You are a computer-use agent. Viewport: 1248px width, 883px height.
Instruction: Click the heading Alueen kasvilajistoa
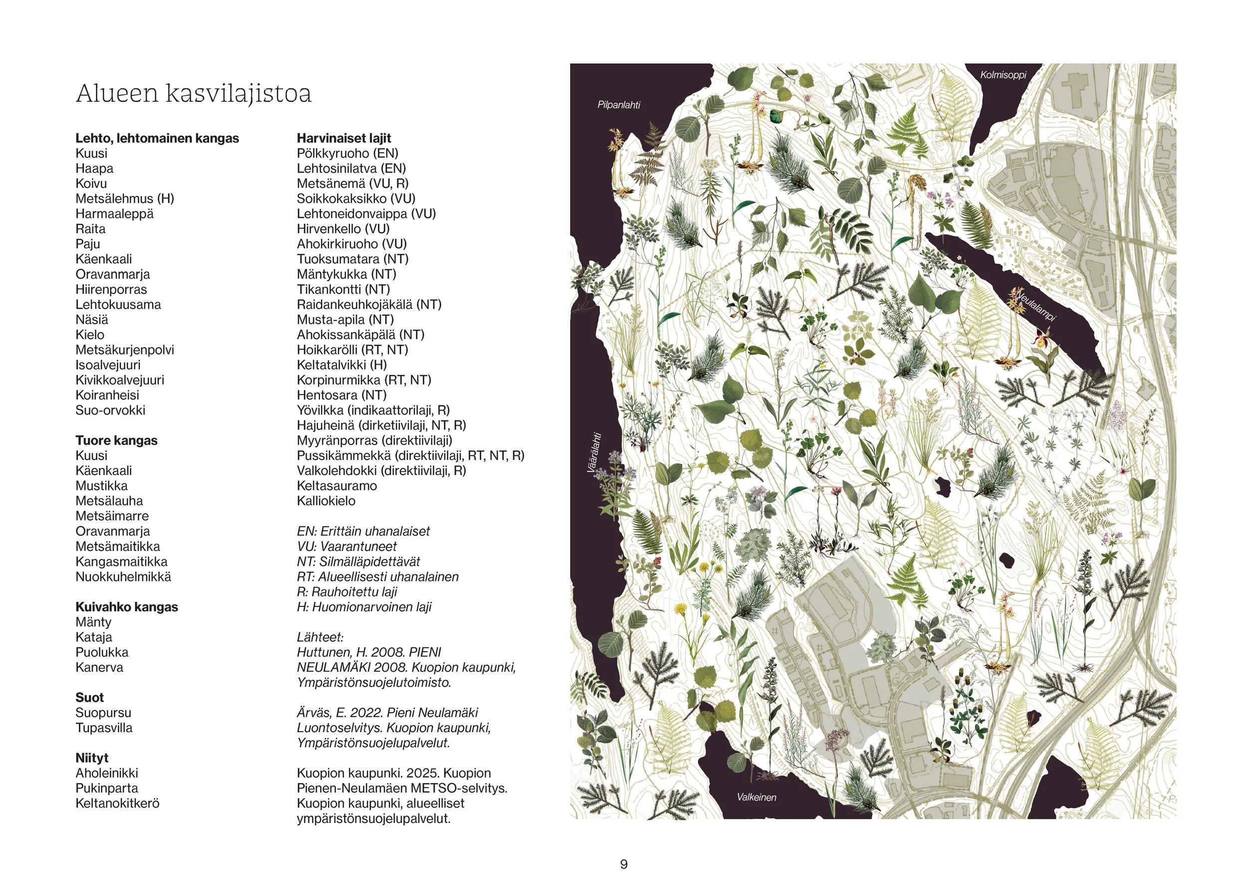194,93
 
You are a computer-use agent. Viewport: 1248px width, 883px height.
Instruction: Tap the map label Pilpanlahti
619,105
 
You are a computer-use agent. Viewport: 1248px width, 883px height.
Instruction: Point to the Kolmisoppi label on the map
1003,75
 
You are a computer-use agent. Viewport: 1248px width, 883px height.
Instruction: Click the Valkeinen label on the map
756,797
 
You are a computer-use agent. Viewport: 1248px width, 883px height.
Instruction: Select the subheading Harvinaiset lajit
343,138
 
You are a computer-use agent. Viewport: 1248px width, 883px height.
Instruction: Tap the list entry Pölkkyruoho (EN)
347,153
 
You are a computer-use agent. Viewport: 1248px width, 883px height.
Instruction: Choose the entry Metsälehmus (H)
124,198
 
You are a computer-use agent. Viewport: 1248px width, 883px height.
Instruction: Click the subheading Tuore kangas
116,441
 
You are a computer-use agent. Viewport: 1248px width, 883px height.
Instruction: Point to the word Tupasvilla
104,728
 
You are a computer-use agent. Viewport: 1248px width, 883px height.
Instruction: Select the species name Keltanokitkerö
117,803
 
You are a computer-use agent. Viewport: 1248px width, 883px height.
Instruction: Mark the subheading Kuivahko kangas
127,607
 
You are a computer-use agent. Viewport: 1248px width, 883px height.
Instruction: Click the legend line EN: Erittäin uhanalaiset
363,531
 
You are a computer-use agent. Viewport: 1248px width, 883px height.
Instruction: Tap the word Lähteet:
320,637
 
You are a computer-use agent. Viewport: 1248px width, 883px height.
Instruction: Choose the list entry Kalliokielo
326,501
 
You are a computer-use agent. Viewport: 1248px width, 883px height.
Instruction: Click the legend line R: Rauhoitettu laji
347,591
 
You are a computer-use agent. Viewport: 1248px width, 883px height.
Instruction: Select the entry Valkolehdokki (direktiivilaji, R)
381,470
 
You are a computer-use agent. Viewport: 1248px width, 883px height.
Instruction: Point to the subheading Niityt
92,758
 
